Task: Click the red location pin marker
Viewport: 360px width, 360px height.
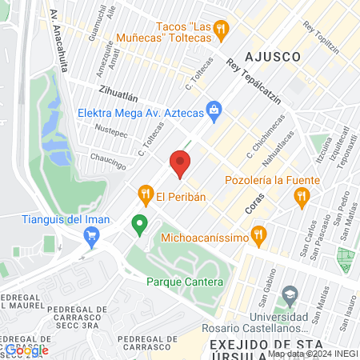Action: click(x=180, y=164)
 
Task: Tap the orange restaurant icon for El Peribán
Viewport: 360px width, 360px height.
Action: click(x=145, y=194)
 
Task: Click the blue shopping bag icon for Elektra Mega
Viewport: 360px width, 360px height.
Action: click(x=214, y=110)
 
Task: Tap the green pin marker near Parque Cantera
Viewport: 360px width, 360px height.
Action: click(x=140, y=225)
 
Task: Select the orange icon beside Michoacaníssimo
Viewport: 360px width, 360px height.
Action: click(x=258, y=235)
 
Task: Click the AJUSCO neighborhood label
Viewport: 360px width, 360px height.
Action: click(x=273, y=58)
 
